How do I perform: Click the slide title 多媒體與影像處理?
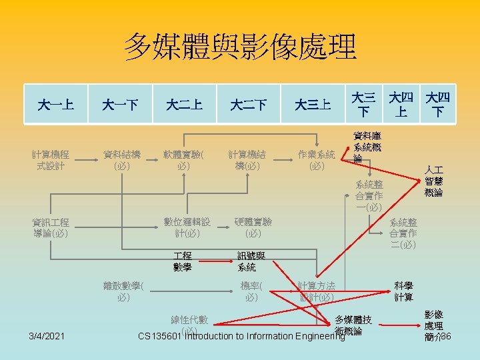[240, 47]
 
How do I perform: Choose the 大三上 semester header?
[313, 105]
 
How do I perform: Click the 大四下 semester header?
[438, 105]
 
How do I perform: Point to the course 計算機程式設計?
[51, 160]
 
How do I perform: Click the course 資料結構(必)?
[121, 160]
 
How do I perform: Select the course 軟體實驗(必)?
[184, 160]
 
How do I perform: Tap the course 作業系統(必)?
[317, 160]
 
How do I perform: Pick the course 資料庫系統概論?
[368, 147]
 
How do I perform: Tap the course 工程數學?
[182, 261]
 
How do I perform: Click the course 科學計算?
[404, 291]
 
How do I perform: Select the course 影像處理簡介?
[434, 325]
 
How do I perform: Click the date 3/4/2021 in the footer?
[47, 335]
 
